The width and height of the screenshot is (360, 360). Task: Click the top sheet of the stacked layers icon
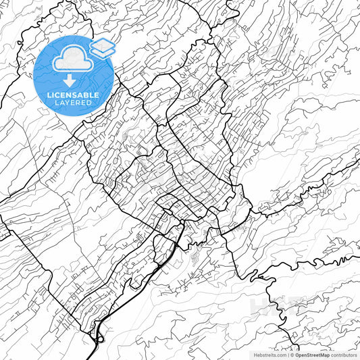[x=103, y=45]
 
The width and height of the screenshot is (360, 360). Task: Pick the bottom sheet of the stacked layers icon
[x=103, y=53]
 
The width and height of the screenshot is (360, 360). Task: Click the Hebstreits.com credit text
[x=269, y=354]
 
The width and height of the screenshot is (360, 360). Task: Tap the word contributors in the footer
[x=344, y=354]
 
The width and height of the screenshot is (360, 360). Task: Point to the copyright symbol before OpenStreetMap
[x=290, y=354]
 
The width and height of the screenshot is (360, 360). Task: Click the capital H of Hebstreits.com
[x=255, y=354]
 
